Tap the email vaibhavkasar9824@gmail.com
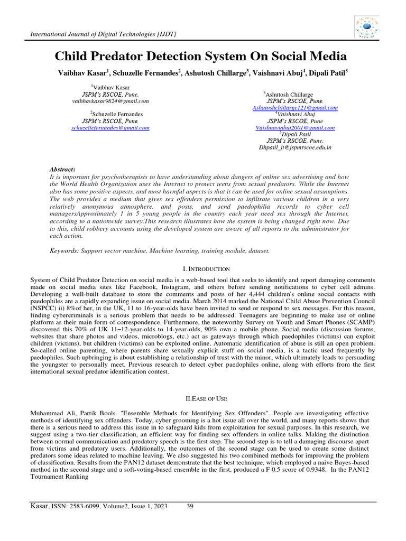click(110, 101)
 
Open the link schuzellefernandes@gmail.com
click(110, 128)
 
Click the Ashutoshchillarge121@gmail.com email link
click(295, 108)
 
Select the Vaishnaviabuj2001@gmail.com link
click(295, 128)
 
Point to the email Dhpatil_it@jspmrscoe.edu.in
click(295, 148)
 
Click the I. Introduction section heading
click(203, 269)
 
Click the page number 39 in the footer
click(190, 507)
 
